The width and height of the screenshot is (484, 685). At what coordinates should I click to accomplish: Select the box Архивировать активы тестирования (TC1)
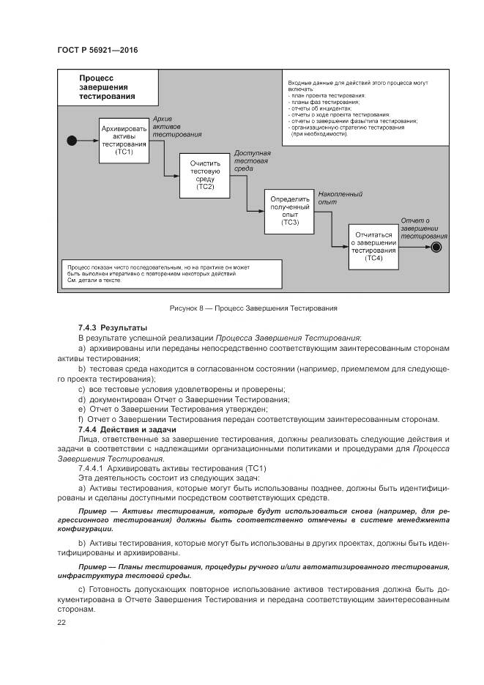click(124, 139)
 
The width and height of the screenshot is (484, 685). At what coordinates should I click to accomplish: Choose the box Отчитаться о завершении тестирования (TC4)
click(373, 246)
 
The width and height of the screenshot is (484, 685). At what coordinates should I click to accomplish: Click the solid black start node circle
click(72, 140)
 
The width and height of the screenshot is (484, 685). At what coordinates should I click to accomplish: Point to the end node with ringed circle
click(436, 247)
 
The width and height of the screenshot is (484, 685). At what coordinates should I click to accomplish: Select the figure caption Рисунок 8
click(242, 308)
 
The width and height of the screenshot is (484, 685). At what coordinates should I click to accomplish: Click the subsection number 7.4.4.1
click(92, 467)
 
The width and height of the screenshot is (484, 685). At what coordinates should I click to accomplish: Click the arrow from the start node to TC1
click(87, 140)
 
